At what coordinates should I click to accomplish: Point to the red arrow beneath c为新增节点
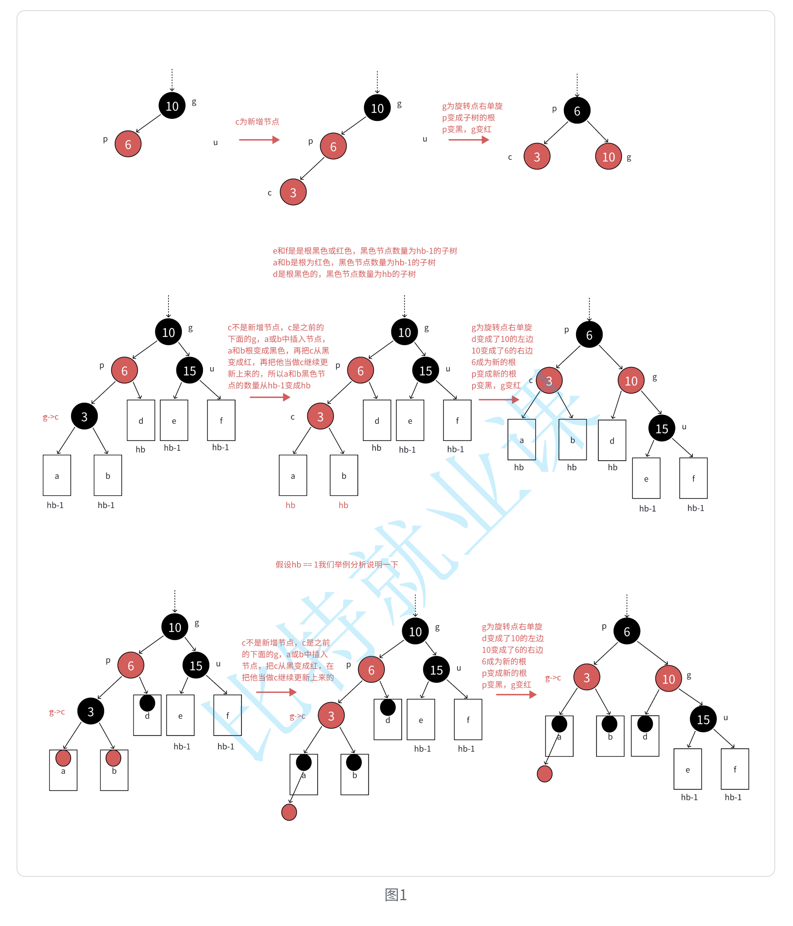point(259,140)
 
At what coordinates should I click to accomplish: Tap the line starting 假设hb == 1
point(336,565)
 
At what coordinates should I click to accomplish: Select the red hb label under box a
point(290,505)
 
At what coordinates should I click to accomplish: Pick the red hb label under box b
point(343,505)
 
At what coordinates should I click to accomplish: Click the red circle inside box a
point(63,758)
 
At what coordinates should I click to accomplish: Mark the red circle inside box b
point(113,758)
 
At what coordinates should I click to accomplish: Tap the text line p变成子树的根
point(468,118)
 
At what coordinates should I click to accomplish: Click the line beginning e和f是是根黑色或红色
point(365,251)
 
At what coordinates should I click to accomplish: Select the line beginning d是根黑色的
point(344,274)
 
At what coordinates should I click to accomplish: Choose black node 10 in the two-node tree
point(172,106)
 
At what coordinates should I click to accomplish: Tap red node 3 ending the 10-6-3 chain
point(293,192)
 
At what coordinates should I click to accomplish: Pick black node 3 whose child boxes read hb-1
point(84,416)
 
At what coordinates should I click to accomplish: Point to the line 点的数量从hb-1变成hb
point(269,385)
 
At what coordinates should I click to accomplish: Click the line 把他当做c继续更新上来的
point(288,677)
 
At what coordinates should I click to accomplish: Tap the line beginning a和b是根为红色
point(354,262)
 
